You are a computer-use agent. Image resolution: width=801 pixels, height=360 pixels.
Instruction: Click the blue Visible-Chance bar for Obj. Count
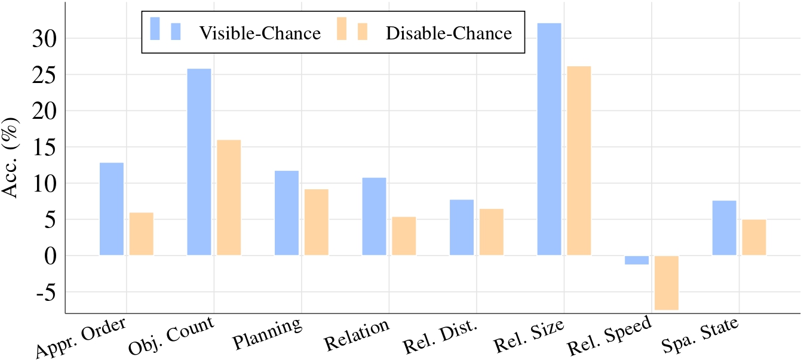[199, 162]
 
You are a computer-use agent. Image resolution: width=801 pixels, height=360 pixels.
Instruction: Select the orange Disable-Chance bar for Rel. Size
[579, 161]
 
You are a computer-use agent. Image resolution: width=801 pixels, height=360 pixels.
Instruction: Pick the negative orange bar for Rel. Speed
[667, 282]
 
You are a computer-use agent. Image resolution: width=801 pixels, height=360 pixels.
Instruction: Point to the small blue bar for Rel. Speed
[637, 260]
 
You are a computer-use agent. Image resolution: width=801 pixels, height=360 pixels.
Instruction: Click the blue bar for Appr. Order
[112, 209]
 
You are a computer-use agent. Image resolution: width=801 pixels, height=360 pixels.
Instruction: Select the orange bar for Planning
[317, 222]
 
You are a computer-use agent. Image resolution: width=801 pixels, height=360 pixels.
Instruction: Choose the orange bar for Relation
[404, 236]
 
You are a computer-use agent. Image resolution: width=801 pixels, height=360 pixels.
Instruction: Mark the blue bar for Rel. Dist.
[462, 227]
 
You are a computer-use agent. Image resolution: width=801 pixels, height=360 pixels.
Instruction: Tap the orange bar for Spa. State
[754, 237]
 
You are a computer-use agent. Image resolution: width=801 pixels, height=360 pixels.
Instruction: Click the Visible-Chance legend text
[260, 33]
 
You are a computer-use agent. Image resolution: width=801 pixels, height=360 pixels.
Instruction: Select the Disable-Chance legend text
[449, 33]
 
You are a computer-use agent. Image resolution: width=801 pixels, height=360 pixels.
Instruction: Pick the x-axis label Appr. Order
[81, 337]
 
